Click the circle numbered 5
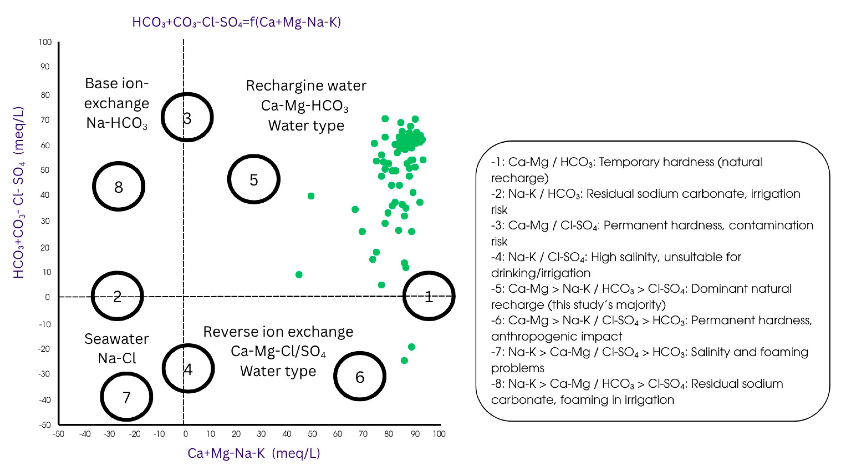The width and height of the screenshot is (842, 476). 254,179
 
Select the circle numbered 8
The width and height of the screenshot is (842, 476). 118,186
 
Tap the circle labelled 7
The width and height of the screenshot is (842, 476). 126,397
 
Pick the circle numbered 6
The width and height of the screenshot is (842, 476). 360,376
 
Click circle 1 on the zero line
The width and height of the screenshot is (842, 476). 429,296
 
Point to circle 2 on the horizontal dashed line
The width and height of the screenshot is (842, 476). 117,296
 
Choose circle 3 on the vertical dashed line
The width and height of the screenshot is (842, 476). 187,117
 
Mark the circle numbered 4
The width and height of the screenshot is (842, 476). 188,368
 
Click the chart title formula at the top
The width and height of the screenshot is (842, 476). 236,22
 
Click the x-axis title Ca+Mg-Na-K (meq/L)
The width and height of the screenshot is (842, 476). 254,453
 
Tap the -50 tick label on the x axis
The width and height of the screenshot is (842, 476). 58,434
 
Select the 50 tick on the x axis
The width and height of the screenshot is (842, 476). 312,434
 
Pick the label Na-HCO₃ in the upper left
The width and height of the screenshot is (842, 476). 117,123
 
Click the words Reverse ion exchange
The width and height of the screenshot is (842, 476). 278,331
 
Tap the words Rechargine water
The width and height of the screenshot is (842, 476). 306,86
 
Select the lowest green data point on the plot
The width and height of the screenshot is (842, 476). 404,360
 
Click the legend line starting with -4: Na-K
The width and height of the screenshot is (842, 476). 616,257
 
